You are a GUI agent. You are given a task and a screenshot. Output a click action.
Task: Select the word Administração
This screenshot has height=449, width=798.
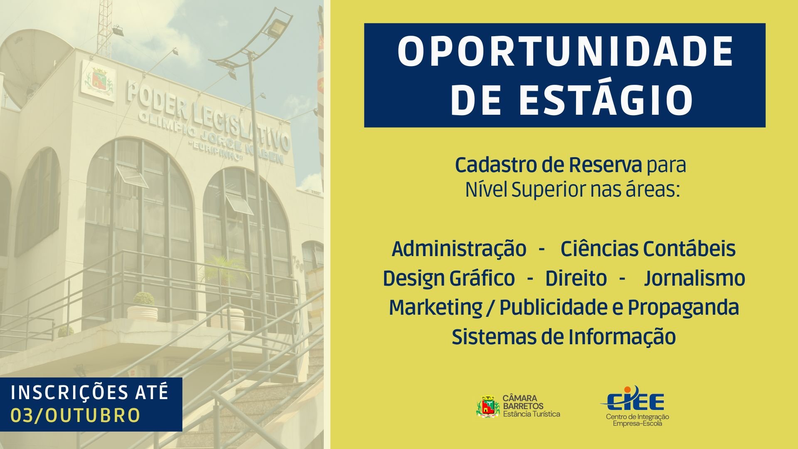[x=459, y=249]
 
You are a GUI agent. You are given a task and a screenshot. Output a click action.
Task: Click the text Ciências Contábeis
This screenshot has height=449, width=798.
[x=648, y=249]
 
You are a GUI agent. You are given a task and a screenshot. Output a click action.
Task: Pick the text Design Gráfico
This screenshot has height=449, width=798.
[x=448, y=279]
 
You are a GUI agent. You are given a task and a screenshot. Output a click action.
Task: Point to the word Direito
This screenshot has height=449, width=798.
[x=576, y=279]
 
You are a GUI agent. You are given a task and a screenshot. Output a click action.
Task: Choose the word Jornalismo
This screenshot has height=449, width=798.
[x=695, y=279]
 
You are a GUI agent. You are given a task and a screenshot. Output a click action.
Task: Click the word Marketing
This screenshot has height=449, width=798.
[x=435, y=308]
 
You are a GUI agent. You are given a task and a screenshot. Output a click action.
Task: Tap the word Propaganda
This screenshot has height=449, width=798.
[x=683, y=308]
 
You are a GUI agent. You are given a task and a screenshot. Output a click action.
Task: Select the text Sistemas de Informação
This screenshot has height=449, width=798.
[x=564, y=337]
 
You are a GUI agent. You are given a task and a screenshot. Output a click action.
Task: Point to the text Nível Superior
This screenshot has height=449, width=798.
[x=523, y=190]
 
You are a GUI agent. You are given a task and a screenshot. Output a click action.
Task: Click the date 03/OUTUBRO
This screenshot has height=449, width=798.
[x=75, y=415]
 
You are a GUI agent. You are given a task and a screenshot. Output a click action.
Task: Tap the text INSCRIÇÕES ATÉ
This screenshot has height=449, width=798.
[x=90, y=392]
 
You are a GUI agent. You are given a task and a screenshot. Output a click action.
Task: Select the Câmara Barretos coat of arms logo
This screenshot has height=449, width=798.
[x=488, y=406]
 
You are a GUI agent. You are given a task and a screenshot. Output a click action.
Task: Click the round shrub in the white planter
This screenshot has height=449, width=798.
[x=143, y=299]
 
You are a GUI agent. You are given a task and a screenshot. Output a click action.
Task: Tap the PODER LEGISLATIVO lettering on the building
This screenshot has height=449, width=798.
[x=208, y=118]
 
